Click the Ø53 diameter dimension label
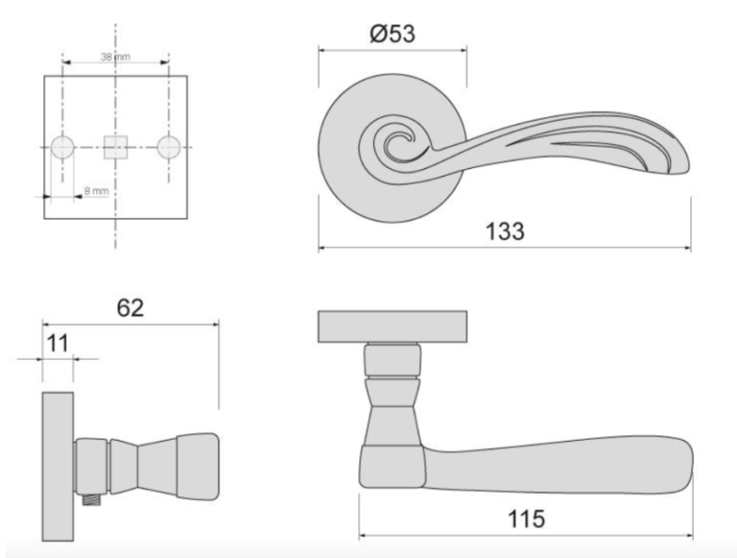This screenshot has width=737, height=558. [x=392, y=33]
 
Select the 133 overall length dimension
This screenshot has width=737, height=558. [x=505, y=231]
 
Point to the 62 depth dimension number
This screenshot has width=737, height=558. [x=131, y=307]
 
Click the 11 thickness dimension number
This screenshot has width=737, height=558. [x=58, y=343]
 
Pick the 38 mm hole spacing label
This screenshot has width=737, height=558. [x=115, y=57]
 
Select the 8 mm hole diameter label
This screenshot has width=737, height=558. [x=95, y=191]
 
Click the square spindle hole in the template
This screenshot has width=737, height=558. [x=115, y=148]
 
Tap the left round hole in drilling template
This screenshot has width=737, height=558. [x=63, y=148]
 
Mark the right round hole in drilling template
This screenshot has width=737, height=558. [x=169, y=148]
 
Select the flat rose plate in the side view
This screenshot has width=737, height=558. [x=58, y=467]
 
